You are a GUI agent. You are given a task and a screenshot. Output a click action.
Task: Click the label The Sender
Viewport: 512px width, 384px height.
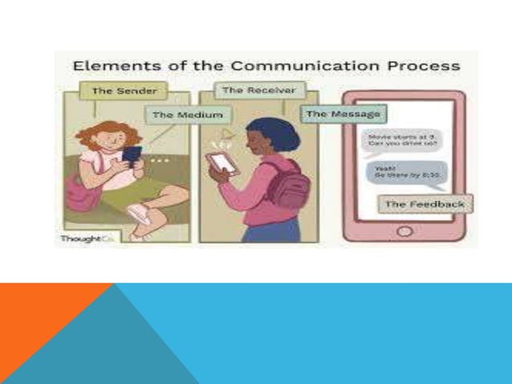tap(114, 91)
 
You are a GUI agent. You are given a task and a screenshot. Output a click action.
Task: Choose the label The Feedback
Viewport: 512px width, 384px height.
tap(425, 204)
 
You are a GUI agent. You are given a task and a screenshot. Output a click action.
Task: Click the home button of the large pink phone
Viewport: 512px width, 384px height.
tap(404, 231)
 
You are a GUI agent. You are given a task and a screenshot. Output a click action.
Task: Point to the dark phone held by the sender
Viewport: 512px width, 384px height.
tap(132, 154)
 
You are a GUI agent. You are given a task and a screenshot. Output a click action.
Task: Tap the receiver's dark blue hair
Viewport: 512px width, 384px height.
tap(258, 133)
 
